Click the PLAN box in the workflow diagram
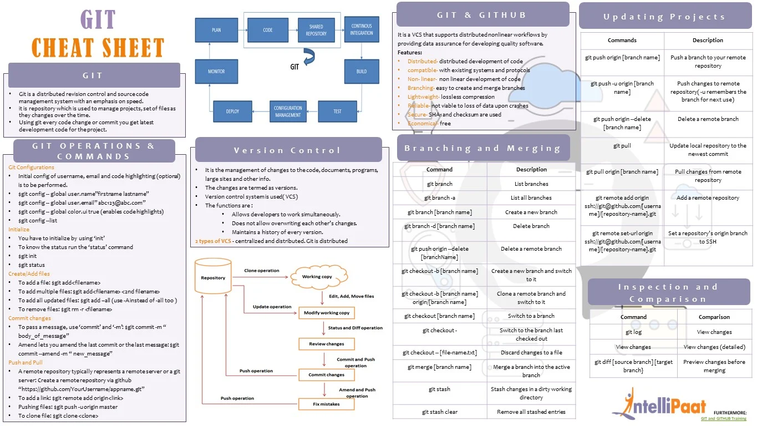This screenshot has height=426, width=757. pos(216,30)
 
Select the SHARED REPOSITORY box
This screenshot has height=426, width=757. pos(316,30)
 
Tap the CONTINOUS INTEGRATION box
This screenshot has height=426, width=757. pos(362,30)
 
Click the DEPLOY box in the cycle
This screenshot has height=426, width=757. pos(232,111)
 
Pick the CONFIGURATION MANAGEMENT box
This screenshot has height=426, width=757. pos(288,111)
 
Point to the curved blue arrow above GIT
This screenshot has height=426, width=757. pos(308,56)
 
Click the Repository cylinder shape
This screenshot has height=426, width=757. pos(213,277)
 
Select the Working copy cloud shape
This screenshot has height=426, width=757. pos(317,276)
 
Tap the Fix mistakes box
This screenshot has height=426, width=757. pos(326,404)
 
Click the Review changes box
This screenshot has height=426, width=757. pos(326,344)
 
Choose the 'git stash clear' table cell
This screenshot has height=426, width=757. pos(439,412)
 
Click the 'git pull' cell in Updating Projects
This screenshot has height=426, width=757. pos(622,146)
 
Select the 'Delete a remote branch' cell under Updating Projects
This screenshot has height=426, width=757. pos(708,119)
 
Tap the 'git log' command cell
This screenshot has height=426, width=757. pos(633,332)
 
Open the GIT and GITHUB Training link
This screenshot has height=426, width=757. pos(723,419)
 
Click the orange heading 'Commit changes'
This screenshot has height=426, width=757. pos(29,318)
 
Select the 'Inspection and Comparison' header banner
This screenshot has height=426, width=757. pos(668,292)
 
